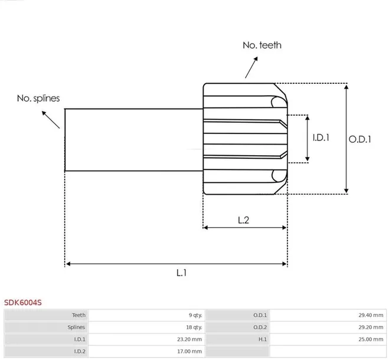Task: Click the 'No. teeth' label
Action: click(x=262, y=45)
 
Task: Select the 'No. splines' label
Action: click(x=38, y=98)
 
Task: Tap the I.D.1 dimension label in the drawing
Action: click(x=321, y=138)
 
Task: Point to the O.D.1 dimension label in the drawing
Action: click(x=360, y=139)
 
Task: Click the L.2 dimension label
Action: click(x=243, y=220)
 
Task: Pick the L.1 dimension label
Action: click(x=181, y=273)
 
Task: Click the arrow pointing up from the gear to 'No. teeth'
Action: click(x=251, y=67)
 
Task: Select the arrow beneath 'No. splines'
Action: click(x=51, y=120)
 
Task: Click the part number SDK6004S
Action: click(x=23, y=303)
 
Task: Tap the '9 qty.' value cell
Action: click(x=195, y=315)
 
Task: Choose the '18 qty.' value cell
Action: click(x=194, y=328)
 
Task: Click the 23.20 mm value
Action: click(x=190, y=339)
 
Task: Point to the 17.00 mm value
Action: click(x=190, y=351)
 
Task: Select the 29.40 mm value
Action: click(x=371, y=315)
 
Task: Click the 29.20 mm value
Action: click(x=371, y=328)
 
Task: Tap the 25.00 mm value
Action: click(x=371, y=339)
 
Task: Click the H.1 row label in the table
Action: click(x=263, y=339)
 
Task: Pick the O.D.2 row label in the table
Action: click(x=260, y=328)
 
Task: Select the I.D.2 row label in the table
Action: click(x=80, y=351)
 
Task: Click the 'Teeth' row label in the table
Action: click(x=79, y=315)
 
